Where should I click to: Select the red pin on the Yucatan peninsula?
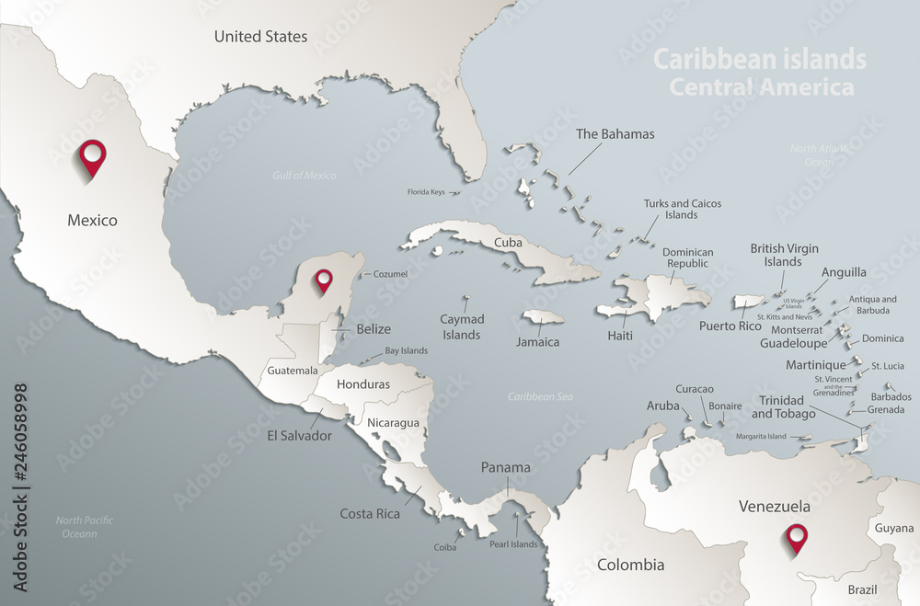(323, 280)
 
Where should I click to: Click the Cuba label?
(509, 243)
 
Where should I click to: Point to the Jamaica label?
(538, 342)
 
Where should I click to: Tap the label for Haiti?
(620, 336)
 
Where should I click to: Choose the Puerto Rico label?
(730, 326)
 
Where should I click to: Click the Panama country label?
(506, 467)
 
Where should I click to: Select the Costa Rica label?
(370, 514)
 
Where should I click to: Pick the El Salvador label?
(300, 436)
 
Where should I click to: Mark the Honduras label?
(363, 384)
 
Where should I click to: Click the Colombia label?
(630, 565)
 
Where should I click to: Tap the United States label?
(260, 37)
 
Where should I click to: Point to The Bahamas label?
(615, 134)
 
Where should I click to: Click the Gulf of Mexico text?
(305, 175)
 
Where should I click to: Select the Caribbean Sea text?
(541, 396)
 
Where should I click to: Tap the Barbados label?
(891, 397)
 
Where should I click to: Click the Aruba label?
(663, 406)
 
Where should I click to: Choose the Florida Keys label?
(426, 192)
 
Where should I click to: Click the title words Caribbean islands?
(759, 59)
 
